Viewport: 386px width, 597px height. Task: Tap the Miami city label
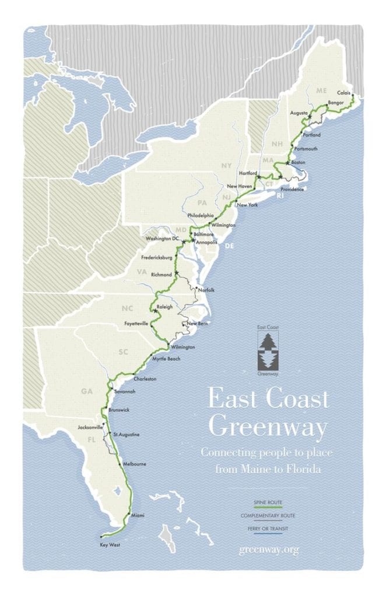138,515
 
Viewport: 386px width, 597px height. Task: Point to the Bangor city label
337,103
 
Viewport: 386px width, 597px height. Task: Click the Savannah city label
125,391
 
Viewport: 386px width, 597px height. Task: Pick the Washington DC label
163,239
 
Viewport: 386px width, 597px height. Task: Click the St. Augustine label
127,434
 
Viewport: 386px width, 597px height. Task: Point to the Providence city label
292,189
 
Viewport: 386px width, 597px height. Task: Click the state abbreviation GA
87,391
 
